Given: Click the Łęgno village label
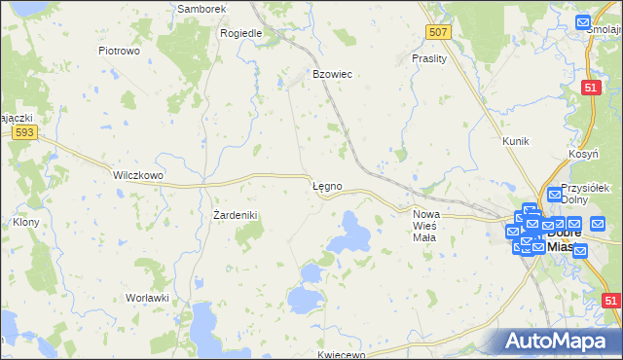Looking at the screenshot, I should pos(326,185).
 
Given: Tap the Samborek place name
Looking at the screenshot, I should pos(202,9).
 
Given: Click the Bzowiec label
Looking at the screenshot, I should pos(331,74).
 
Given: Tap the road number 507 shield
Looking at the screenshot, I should pos(439,33).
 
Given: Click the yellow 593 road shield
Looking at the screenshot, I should pos(26,132).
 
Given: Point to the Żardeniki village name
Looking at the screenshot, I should pos(235,214).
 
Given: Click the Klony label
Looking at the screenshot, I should pos(25,221).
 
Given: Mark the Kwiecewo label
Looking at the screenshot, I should pos(340,354).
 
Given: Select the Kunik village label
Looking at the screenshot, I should pos(515,141).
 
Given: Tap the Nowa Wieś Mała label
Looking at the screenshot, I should pos(426,220).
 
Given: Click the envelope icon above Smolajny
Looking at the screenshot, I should pos(582,22).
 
